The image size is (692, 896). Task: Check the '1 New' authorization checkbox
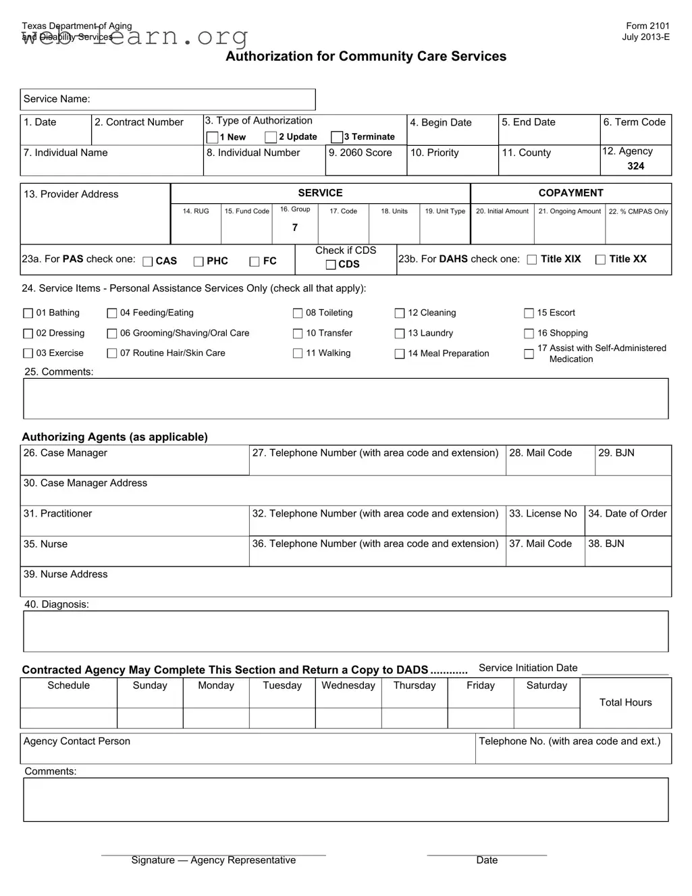pos(212,137)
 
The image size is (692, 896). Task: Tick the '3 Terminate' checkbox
pos(337,137)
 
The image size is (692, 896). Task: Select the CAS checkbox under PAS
pos(148,262)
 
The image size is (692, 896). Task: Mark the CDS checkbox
pos(331,265)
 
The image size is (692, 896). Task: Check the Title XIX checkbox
pos(532,260)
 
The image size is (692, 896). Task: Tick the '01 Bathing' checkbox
pos(28,313)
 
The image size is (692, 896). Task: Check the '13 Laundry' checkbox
pos(400,334)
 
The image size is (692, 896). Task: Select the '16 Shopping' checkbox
pos(529,334)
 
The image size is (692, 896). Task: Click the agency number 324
pos(635,166)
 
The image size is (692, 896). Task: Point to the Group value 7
pos(295,228)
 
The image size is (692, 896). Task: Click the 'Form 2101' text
pos(647,26)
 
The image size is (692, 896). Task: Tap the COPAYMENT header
pos(570,193)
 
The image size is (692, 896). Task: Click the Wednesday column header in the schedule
pos(348,685)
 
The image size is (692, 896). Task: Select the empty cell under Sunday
pos(150,718)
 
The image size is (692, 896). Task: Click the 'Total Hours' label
pos(625,702)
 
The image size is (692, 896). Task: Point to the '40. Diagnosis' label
pos(57,604)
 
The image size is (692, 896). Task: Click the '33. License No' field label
pos(543,514)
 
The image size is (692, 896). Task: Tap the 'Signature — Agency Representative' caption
pos(213,860)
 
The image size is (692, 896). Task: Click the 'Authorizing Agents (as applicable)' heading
pos(115,437)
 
